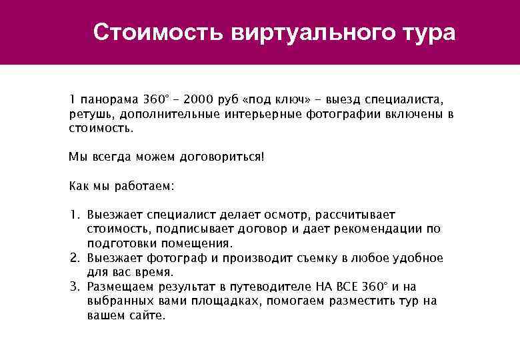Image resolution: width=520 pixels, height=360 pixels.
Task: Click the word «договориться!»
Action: pos(221,157)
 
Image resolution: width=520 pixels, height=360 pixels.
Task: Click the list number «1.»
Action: pos(75,215)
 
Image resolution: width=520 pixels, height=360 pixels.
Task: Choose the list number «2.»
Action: pos(75,258)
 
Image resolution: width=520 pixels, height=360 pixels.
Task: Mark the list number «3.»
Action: pos(75,287)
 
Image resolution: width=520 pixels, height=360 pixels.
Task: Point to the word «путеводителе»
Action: pos(273,287)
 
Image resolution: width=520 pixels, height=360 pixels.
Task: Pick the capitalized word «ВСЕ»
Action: pos(345,287)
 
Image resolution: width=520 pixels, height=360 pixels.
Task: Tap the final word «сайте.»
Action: pos(148,315)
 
